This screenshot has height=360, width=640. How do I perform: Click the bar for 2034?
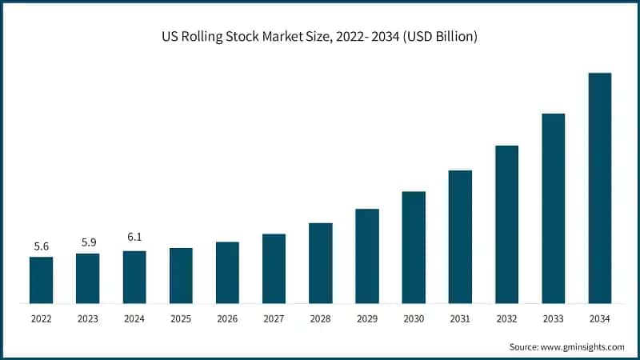[x=600, y=188]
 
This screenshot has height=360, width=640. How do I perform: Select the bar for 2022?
[x=42, y=280]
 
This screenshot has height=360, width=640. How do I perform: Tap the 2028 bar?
[x=321, y=263]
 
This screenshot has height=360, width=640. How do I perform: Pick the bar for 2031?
[x=460, y=237]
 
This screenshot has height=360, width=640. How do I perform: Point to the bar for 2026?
[x=227, y=273]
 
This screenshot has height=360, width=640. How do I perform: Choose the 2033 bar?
[x=553, y=208]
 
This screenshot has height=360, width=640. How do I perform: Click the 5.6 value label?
[x=42, y=246]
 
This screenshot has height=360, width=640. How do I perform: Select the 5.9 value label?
[x=88, y=243]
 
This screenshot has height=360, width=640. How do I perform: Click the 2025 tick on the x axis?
[x=181, y=319]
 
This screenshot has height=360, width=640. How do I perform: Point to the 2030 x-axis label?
[x=414, y=319]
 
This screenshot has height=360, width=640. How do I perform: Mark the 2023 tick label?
[x=88, y=319]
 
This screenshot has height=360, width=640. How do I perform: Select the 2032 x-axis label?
[x=506, y=319]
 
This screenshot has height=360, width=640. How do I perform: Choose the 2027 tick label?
[x=274, y=319]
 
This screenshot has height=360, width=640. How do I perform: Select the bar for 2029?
[x=367, y=256]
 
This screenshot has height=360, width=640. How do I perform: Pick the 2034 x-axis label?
[x=600, y=319]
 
